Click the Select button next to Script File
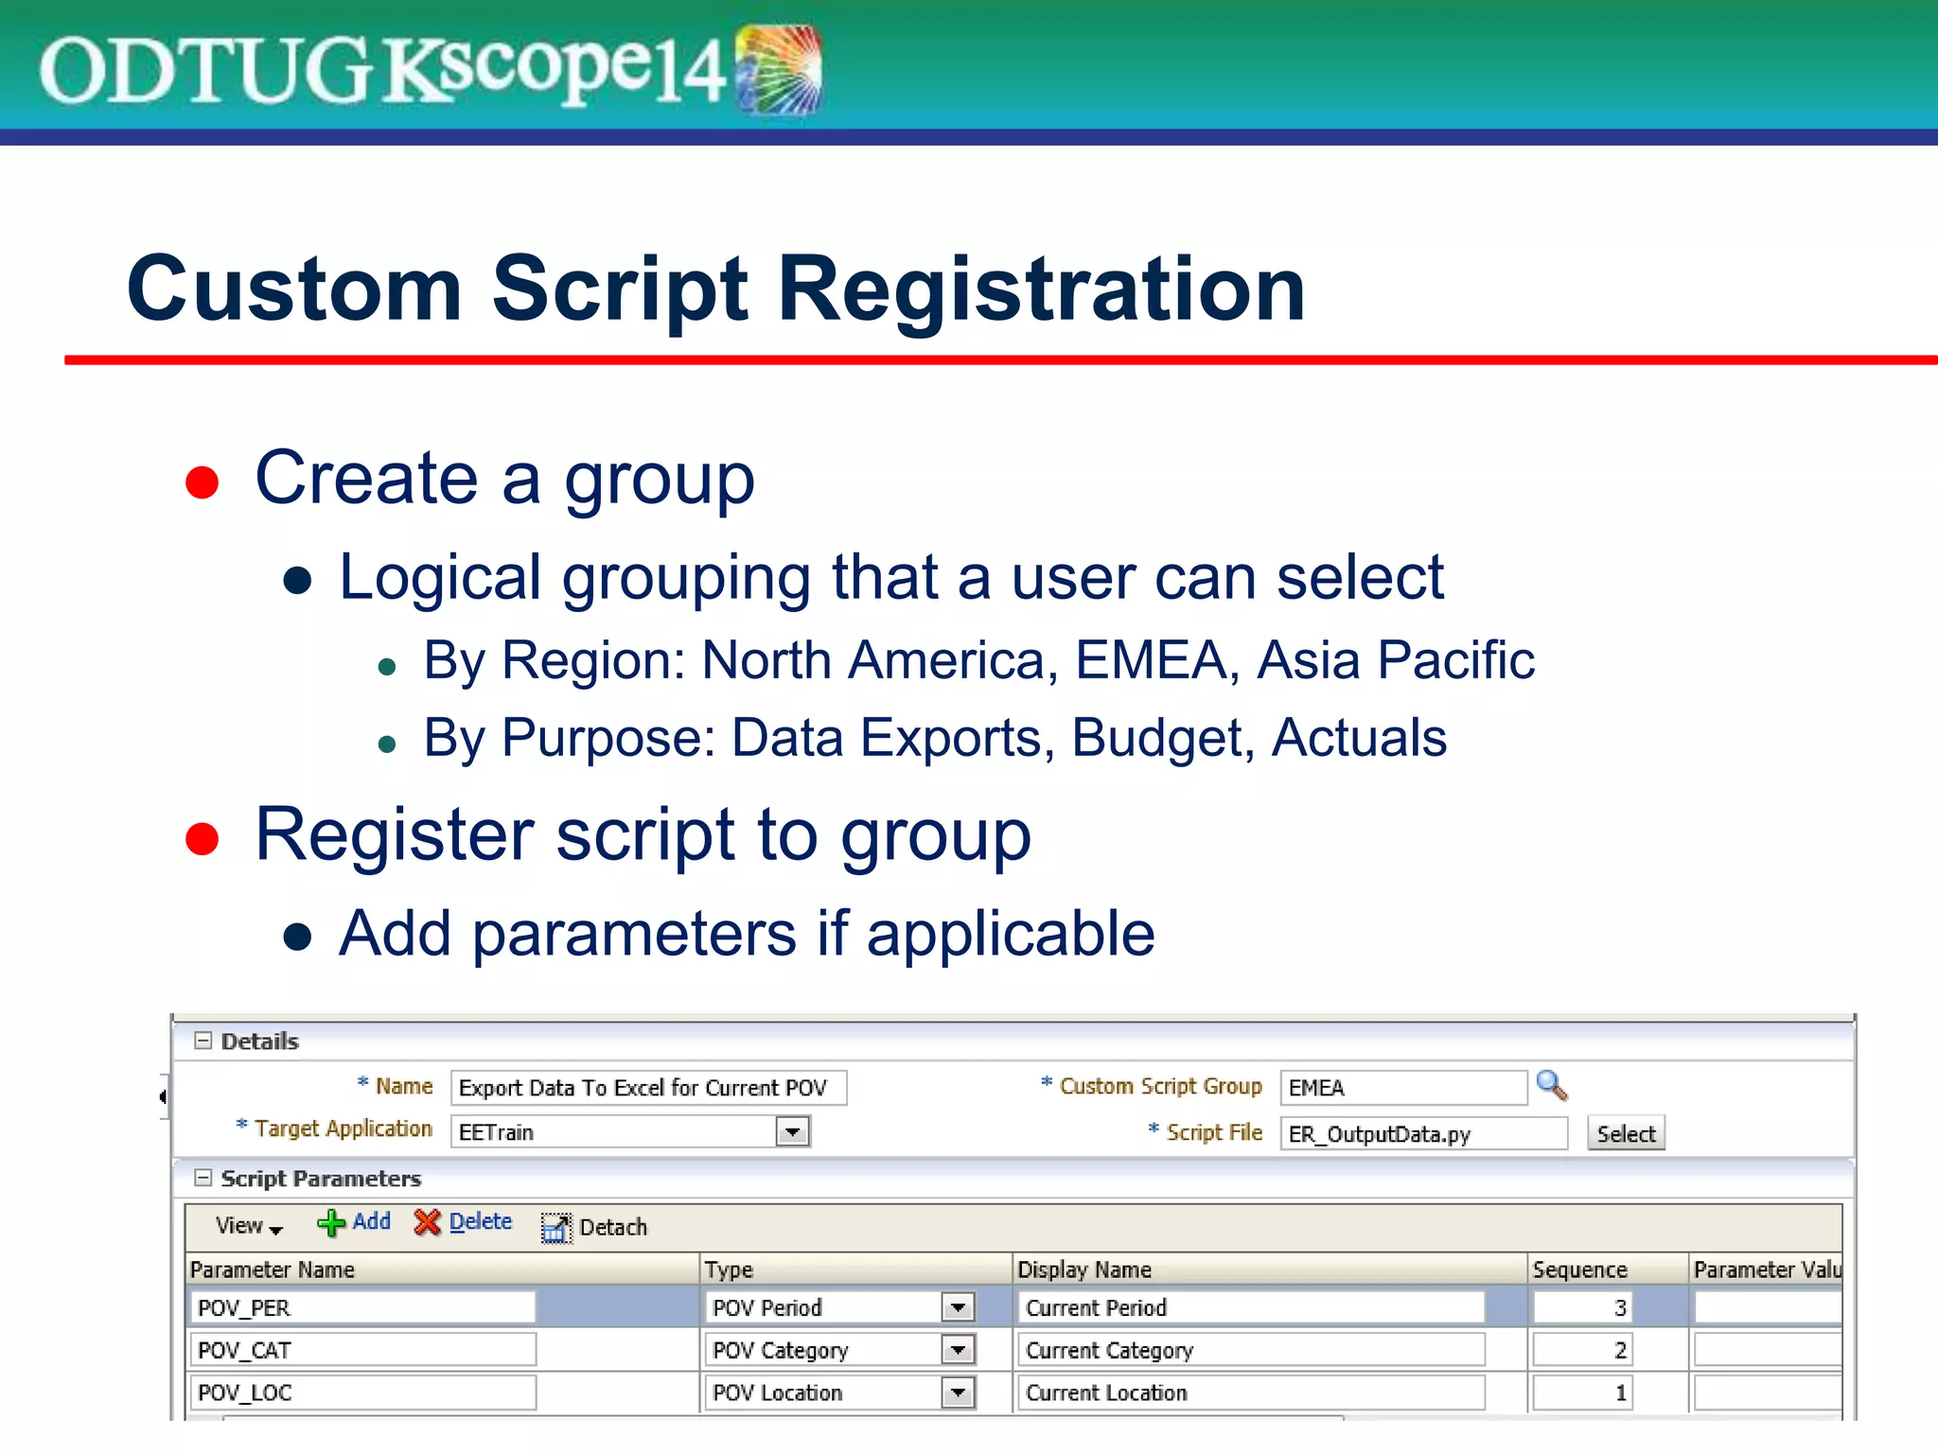pos(1625,1133)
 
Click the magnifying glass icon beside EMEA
pos(1551,1085)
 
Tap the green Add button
pos(354,1222)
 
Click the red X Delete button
pos(463,1222)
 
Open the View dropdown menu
pos(248,1226)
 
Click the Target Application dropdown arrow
pos(792,1131)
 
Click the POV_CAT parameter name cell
pos(362,1350)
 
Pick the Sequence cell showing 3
pos(1581,1308)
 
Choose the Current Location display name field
pos(1249,1392)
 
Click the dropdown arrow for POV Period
pos(958,1308)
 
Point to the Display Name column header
pos(1084,1269)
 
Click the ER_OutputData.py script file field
pos(1422,1133)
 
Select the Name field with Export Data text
pos(647,1088)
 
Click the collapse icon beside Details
pos(203,1041)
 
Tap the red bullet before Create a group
pos(202,481)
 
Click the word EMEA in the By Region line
pos(1151,660)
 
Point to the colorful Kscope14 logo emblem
pos(778,70)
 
